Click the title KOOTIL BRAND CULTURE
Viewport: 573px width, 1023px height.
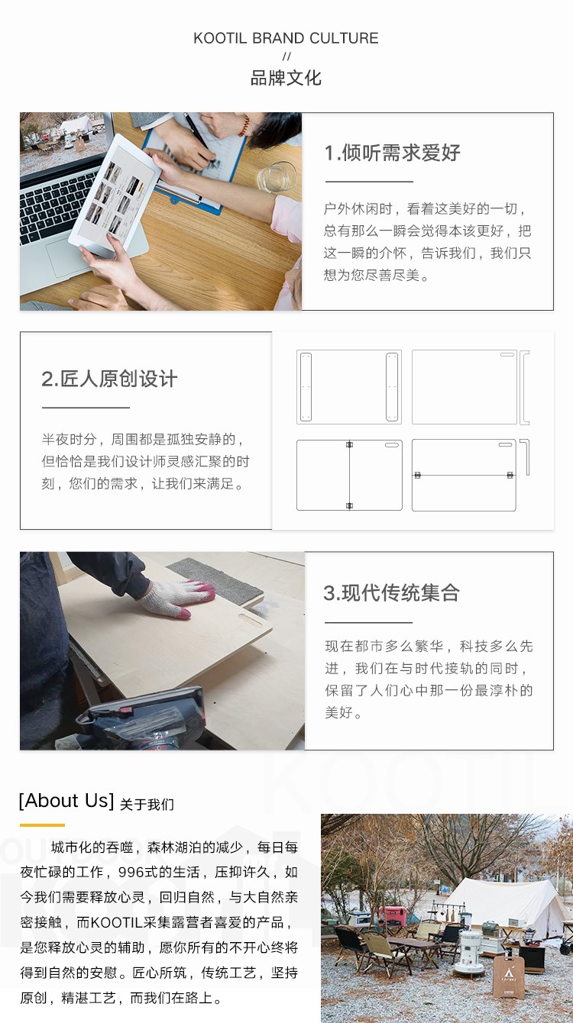pyautogui.click(x=286, y=38)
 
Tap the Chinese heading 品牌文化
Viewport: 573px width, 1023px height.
pyautogui.click(x=286, y=78)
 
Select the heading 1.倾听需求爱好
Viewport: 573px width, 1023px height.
pyautogui.click(x=392, y=153)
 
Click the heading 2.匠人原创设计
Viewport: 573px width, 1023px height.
pyautogui.click(x=109, y=379)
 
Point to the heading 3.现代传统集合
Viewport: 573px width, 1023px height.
pyautogui.click(x=391, y=592)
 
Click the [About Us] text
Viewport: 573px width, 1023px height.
pyautogui.click(x=66, y=801)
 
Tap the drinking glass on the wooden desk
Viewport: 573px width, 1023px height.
pyautogui.click(x=277, y=177)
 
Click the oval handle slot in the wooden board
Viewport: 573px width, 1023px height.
pyautogui.click(x=251, y=621)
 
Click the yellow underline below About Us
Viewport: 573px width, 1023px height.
pyautogui.click(x=42, y=825)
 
